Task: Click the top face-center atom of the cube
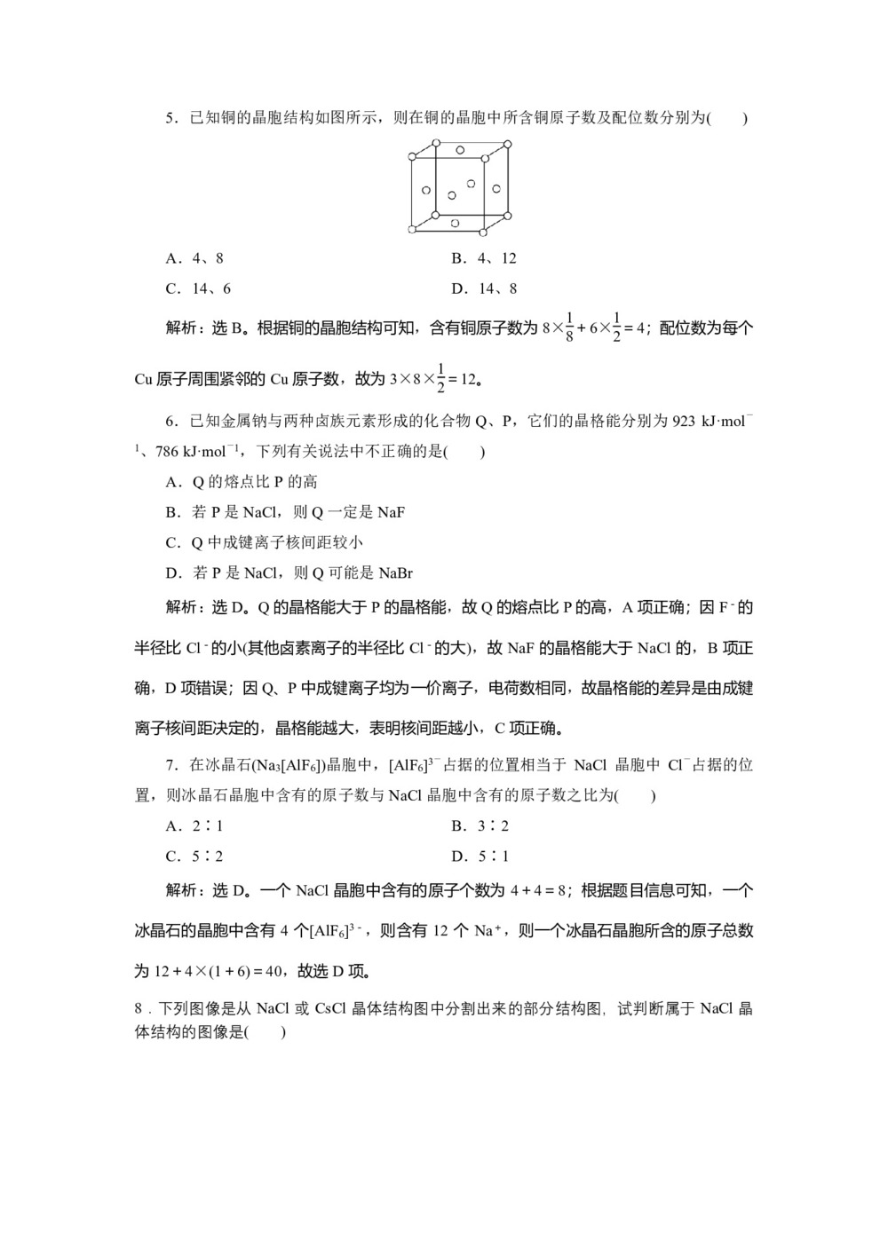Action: [461, 150]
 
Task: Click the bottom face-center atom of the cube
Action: [455, 223]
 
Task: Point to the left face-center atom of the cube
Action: [427, 190]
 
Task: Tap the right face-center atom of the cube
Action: [496, 188]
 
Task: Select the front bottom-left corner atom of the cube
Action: [412, 230]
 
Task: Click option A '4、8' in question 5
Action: [194, 258]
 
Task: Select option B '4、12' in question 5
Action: [484, 258]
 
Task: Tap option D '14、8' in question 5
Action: [484, 288]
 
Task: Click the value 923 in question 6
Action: [684, 421]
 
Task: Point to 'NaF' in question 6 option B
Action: [392, 512]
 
